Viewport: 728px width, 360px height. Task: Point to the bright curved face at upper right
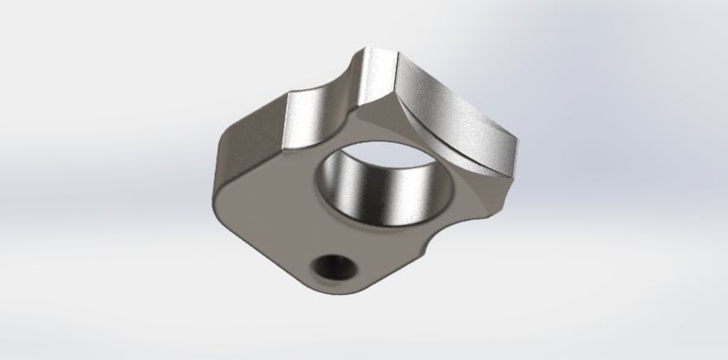(456, 112)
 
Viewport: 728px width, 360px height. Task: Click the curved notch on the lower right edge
(430, 245)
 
